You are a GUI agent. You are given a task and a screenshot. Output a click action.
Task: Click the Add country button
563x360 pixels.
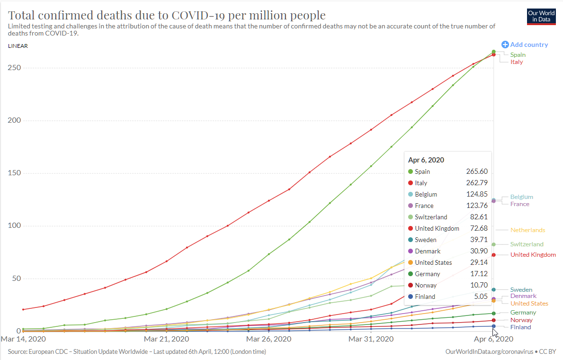[x=525, y=45]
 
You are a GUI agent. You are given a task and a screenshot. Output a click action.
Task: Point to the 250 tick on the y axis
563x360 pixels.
[x=14, y=68]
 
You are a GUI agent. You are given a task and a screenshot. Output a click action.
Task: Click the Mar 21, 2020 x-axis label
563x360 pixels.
[x=166, y=339]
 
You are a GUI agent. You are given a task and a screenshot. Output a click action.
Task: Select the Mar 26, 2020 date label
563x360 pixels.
[x=268, y=339]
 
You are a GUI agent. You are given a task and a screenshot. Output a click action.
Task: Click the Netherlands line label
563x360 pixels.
[x=527, y=230]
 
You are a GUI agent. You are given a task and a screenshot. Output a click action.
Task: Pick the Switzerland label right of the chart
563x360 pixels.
[x=527, y=244]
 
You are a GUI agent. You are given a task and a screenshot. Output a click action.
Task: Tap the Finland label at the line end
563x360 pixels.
[x=520, y=327]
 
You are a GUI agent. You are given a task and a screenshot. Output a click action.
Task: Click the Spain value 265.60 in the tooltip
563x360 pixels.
[x=477, y=171]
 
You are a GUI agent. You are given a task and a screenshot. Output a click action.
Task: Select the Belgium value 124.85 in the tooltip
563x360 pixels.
[x=477, y=194]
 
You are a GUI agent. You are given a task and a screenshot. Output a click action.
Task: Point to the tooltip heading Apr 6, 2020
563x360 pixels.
[x=426, y=160]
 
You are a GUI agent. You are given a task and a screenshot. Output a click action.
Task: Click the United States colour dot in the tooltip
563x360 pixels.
[x=411, y=262]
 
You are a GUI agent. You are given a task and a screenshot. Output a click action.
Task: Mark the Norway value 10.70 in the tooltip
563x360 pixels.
[x=478, y=285]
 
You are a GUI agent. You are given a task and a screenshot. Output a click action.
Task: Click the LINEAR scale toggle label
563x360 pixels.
[x=18, y=46]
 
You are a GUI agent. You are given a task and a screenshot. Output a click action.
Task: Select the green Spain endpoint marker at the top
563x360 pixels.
[x=493, y=52]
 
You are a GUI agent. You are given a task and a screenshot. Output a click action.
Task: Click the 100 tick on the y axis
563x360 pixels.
[x=14, y=225]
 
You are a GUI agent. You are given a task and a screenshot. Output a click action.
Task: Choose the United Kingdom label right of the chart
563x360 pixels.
[x=533, y=255]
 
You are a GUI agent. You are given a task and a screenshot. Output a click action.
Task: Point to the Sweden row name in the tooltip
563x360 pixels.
[x=426, y=240]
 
